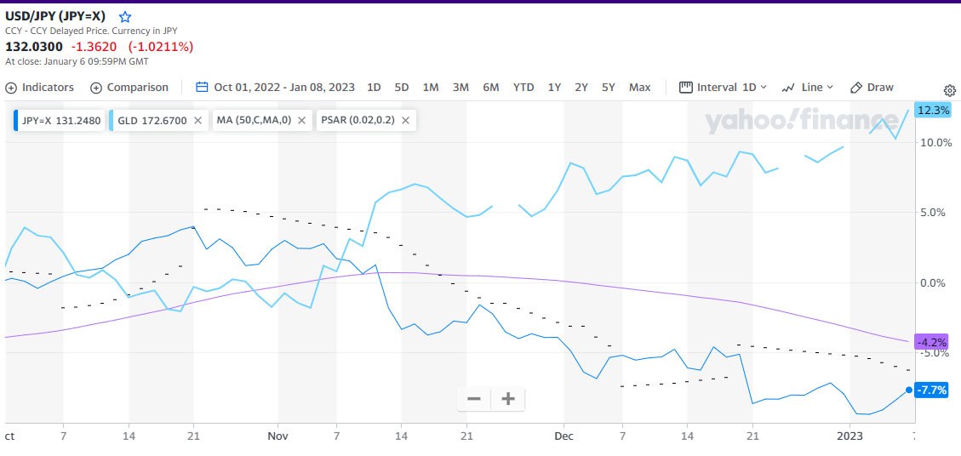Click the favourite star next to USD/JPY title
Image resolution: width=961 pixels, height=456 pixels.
click(x=125, y=17)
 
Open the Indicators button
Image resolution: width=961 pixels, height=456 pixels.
click(x=40, y=88)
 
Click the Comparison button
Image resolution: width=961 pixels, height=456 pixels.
click(x=129, y=88)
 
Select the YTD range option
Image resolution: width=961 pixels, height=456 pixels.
click(x=523, y=88)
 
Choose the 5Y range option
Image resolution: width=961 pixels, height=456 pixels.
click(x=608, y=88)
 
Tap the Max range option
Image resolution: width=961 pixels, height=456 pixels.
click(x=639, y=88)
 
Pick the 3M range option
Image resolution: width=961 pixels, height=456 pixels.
click(x=460, y=88)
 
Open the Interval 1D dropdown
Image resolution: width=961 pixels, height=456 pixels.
click(x=724, y=88)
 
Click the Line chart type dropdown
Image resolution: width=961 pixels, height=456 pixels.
click(x=808, y=88)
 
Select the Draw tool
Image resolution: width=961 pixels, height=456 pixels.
click(x=872, y=88)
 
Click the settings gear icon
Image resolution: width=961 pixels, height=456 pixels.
click(x=950, y=90)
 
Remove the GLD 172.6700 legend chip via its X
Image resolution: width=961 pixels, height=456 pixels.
click(x=197, y=121)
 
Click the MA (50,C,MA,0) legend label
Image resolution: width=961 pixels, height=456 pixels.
click(x=254, y=121)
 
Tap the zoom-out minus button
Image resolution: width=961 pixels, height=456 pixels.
click(x=474, y=399)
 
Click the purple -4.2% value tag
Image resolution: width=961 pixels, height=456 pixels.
click(x=931, y=342)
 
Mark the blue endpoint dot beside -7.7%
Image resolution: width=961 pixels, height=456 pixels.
click(x=909, y=390)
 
